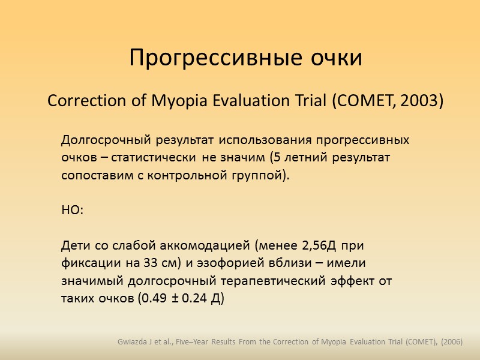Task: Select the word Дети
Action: coord(74,245)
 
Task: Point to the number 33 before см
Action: coord(148,263)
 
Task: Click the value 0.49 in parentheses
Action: coord(150,298)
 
